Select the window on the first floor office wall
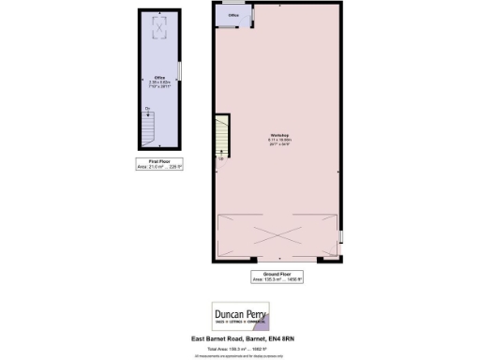180,71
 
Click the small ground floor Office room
231,18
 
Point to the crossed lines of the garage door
279,234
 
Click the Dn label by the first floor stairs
146,110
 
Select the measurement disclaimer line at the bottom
240,354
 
